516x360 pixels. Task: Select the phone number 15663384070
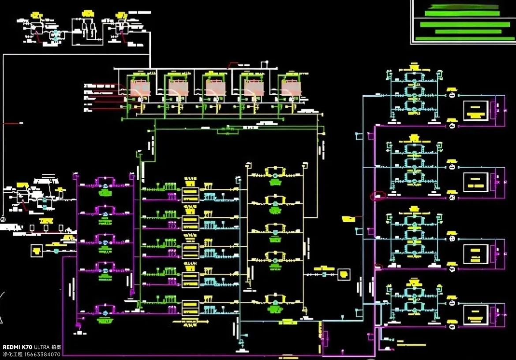click(43, 354)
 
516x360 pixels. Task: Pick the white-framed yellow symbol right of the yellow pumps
click(344, 274)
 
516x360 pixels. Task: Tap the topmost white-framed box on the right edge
click(475, 111)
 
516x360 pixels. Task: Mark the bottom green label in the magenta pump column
click(105, 321)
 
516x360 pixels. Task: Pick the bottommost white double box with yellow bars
click(191, 308)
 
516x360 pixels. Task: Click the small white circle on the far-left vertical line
click(3, 219)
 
